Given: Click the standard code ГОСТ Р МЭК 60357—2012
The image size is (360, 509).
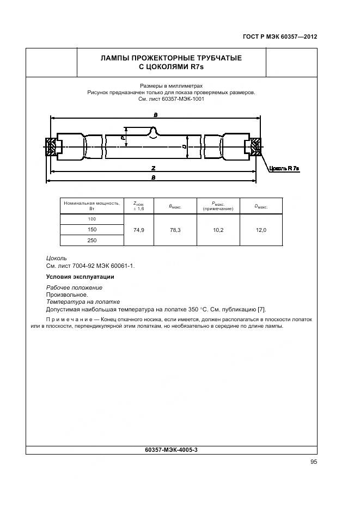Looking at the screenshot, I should pos(279,38).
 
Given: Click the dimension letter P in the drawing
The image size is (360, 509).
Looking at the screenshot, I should pos(124,138).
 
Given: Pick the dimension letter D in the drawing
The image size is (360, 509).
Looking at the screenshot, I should pos(185,146).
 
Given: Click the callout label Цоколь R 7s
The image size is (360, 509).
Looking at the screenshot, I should pos(284,169).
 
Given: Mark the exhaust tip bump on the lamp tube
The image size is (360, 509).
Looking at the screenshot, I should pos(155,131).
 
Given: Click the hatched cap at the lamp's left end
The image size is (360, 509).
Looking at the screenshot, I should pos(51,146).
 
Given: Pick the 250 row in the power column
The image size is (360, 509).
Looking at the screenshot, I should pos(91,240).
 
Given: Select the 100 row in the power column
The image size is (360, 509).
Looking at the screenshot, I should pos(91,219).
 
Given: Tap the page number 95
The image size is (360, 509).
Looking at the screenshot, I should pos(313,462).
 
